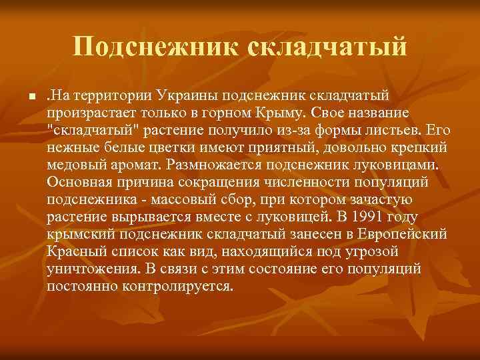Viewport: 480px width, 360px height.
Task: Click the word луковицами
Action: pyautogui.click(x=379, y=163)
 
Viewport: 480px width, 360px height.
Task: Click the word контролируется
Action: pyautogui.click(x=176, y=285)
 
